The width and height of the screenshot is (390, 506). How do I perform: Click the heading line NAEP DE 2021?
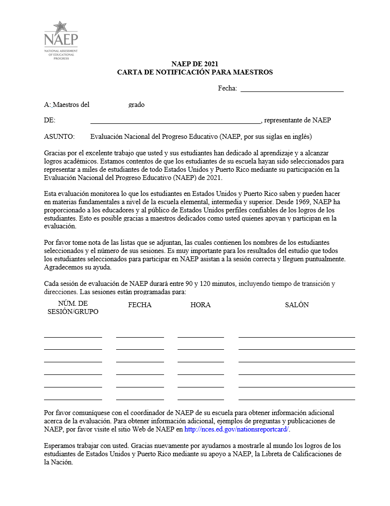click(195, 64)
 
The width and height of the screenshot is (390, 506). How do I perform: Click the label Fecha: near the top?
click(227, 88)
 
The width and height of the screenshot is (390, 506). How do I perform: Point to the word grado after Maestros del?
click(136, 104)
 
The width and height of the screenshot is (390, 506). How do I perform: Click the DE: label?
click(49, 120)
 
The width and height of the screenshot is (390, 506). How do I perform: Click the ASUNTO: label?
click(59, 136)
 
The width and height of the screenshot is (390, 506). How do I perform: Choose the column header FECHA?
click(140, 305)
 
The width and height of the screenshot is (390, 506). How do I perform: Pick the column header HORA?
click(200, 305)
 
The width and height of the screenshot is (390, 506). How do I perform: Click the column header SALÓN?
click(297, 305)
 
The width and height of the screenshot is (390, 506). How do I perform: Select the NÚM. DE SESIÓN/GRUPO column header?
click(73, 308)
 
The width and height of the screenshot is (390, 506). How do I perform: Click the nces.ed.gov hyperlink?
click(237, 429)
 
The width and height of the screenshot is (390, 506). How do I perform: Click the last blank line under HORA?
click(200, 399)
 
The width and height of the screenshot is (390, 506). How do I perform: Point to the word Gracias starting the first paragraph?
click(55, 154)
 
